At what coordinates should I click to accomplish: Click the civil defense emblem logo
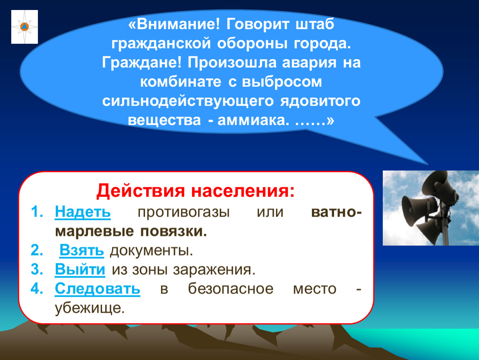pos(25,27)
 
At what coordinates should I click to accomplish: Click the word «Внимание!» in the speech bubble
pos(174,24)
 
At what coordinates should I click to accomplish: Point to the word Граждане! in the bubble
pos(142,62)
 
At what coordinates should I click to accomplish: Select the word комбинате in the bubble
pos(180,82)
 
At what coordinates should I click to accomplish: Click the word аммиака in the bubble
pos(253,120)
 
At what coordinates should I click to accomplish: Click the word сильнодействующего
pos(188,101)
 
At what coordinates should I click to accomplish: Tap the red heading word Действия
pos(140,191)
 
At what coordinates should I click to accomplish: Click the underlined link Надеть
pos(83,212)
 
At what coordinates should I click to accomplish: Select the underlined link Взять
pos(82,250)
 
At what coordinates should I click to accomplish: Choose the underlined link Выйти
pos(80,270)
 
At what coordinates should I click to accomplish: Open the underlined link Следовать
pos(97,288)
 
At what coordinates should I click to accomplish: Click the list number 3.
pos(37,270)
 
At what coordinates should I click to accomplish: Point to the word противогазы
pos(184,212)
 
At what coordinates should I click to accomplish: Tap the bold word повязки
pos(174,231)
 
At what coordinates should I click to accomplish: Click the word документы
pos(152,251)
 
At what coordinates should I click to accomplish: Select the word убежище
pos(90,308)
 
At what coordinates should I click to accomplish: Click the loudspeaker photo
pos(431,208)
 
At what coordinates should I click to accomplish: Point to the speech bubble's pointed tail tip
pos(428,165)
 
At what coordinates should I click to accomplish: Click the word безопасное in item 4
pos(231,289)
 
